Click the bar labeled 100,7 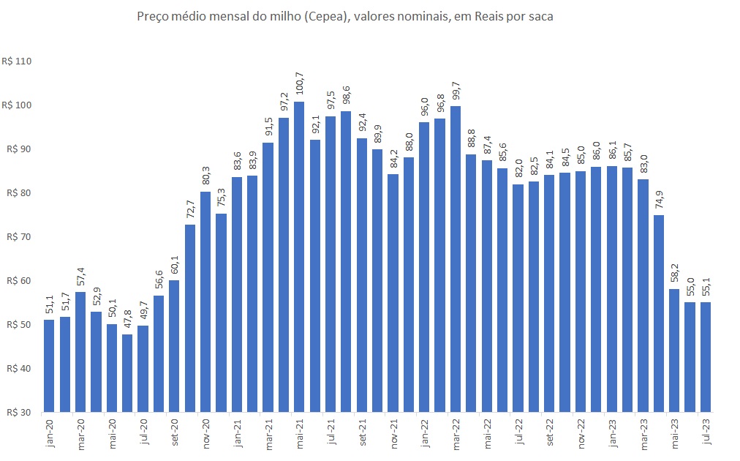coord(299,256)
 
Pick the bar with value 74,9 coord(659,313)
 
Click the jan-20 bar coord(49,365)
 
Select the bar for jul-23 coord(706,356)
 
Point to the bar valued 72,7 coord(190,318)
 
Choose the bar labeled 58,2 coord(674,350)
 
